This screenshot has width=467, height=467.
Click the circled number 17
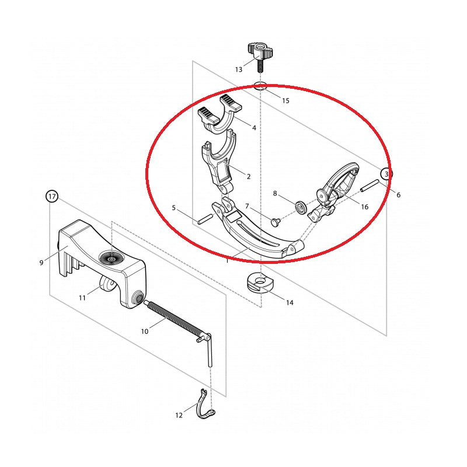pyautogui.click(x=52, y=197)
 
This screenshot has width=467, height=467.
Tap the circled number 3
pyautogui.click(x=386, y=174)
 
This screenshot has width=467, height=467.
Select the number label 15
pyautogui.click(x=285, y=100)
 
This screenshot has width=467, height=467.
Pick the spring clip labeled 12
pyautogui.click(x=206, y=403)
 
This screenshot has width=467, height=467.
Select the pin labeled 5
pyautogui.click(x=205, y=219)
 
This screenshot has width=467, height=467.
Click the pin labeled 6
pyautogui.click(x=370, y=185)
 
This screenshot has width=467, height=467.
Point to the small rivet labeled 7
pyautogui.click(x=276, y=221)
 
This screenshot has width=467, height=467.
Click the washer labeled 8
pyautogui.click(x=301, y=206)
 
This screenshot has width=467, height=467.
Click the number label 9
pyautogui.click(x=41, y=263)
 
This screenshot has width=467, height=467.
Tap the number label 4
pyautogui.click(x=254, y=128)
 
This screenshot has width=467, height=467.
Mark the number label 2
pyautogui.click(x=249, y=177)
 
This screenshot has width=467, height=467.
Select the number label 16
pyautogui.click(x=364, y=207)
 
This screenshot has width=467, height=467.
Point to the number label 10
pyautogui.click(x=145, y=331)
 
